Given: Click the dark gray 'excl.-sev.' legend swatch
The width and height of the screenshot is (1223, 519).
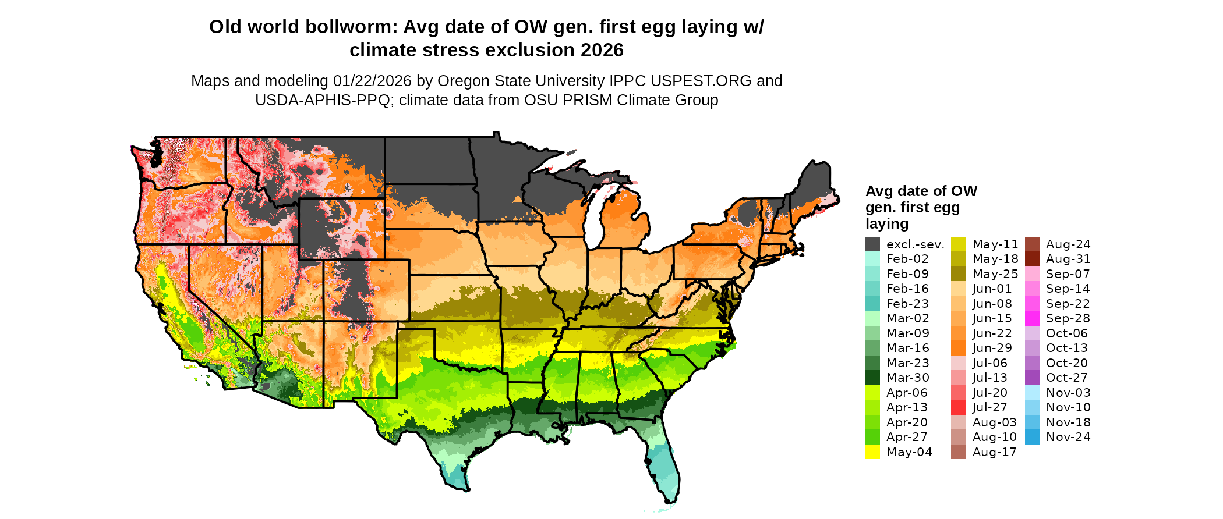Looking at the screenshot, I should [x=872, y=244].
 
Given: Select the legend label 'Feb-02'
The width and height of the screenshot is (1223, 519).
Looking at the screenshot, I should [x=907, y=259].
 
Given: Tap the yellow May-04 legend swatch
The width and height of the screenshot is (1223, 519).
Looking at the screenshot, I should [x=872, y=452].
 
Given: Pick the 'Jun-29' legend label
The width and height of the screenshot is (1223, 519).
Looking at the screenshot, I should [x=992, y=348].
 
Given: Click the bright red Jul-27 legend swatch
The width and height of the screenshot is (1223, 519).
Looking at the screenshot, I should [x=959, y=407].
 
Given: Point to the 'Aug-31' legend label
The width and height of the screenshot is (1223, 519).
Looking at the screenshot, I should [x=1068, y=259].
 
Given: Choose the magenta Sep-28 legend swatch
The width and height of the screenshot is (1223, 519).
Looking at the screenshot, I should [x=1032, y=318].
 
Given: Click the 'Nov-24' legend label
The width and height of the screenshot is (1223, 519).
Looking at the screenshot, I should [x=1068, y=437].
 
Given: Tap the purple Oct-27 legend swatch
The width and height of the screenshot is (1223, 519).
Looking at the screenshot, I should [x=1032, y=378].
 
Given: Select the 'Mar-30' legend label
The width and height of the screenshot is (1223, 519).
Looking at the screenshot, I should [x=908, y=378].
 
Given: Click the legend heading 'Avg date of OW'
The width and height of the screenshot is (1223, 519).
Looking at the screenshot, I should [x=921, y=191].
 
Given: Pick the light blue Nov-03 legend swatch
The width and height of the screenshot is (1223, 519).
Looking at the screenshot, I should [x=1032, y=393].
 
